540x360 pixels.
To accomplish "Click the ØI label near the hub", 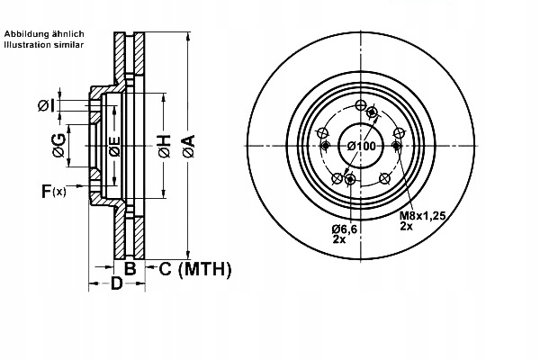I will [47, 106].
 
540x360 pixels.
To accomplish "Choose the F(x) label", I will [53, 191].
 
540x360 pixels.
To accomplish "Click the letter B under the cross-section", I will [130, 268].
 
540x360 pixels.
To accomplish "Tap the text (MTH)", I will [204, 268].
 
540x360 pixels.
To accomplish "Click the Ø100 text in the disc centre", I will [360, 147].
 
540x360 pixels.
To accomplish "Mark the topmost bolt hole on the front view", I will [361, 106].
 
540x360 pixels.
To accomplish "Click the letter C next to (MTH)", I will [165, 268].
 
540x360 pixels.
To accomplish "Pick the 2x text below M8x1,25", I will [407, 228].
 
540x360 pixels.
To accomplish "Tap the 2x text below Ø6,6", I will [337, 241].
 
